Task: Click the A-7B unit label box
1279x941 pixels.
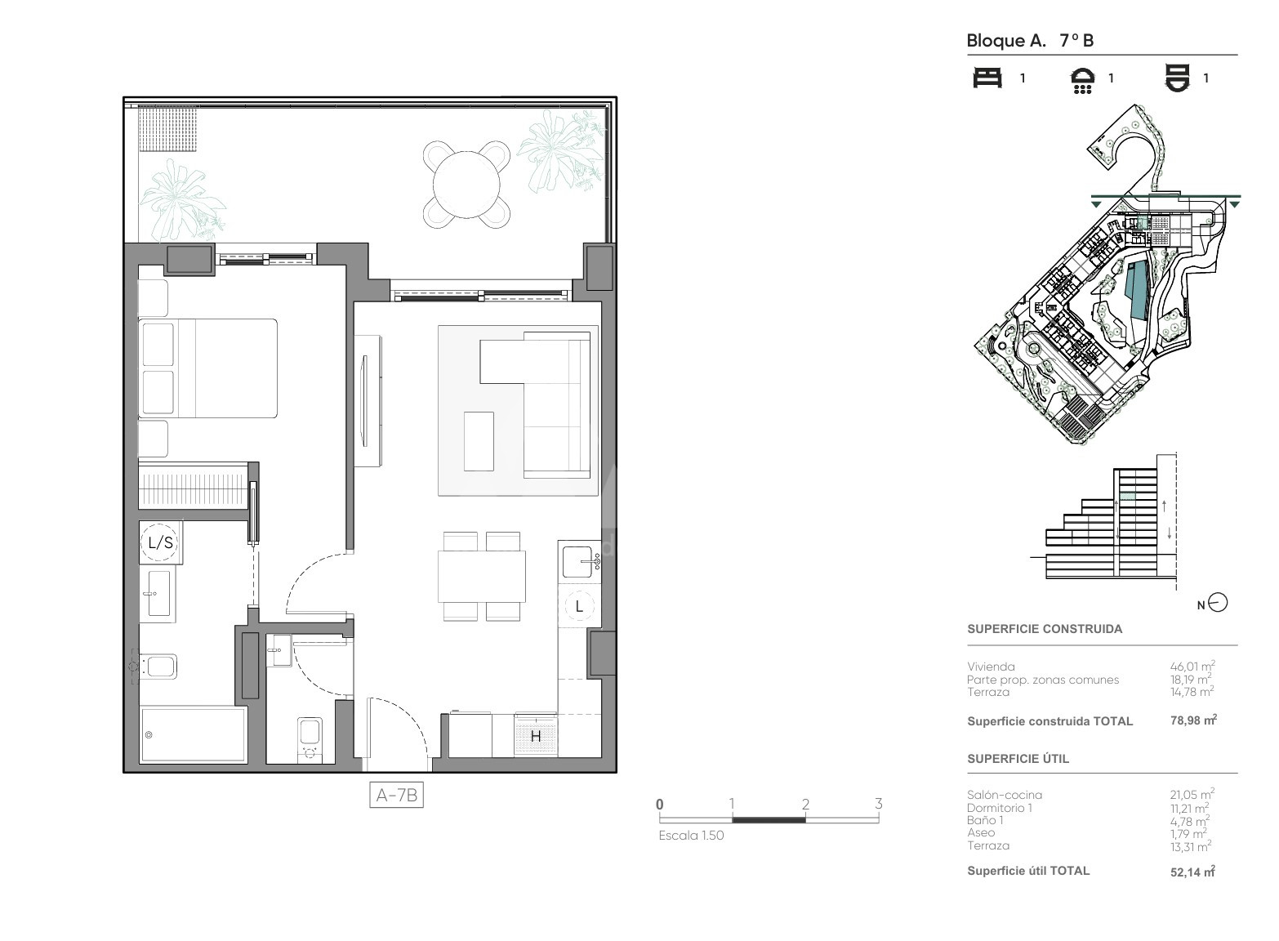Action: [x=396, y=795]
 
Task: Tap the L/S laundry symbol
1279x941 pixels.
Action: [x=160, y=542]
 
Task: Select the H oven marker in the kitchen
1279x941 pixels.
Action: [x=536, y=737]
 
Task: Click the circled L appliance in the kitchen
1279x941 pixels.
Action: [x=580, y=606]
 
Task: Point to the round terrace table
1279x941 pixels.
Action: [x=466, y=185]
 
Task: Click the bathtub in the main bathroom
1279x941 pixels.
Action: [x=194, y=735]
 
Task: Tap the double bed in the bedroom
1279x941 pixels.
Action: [x=207, y=368]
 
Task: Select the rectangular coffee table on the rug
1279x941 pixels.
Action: [x=479, y=441]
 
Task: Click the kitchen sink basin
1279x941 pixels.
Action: [x=577, y=562]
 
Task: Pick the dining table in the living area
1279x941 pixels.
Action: [x=481, y=576]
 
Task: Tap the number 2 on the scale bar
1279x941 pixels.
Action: [x=805, y=805]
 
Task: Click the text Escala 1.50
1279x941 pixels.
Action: [x=691, y=836]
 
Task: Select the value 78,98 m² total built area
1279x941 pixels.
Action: [x=1193, y=720]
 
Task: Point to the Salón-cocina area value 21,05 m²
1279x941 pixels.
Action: [x=1192, y=794]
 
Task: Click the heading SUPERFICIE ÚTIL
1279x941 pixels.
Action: [x=1018, y=759]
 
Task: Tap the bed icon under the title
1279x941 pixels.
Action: [x=987, y=78]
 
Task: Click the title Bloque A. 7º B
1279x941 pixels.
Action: [x=1030, y=41]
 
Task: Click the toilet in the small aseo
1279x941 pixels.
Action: [x=310, y=740]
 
